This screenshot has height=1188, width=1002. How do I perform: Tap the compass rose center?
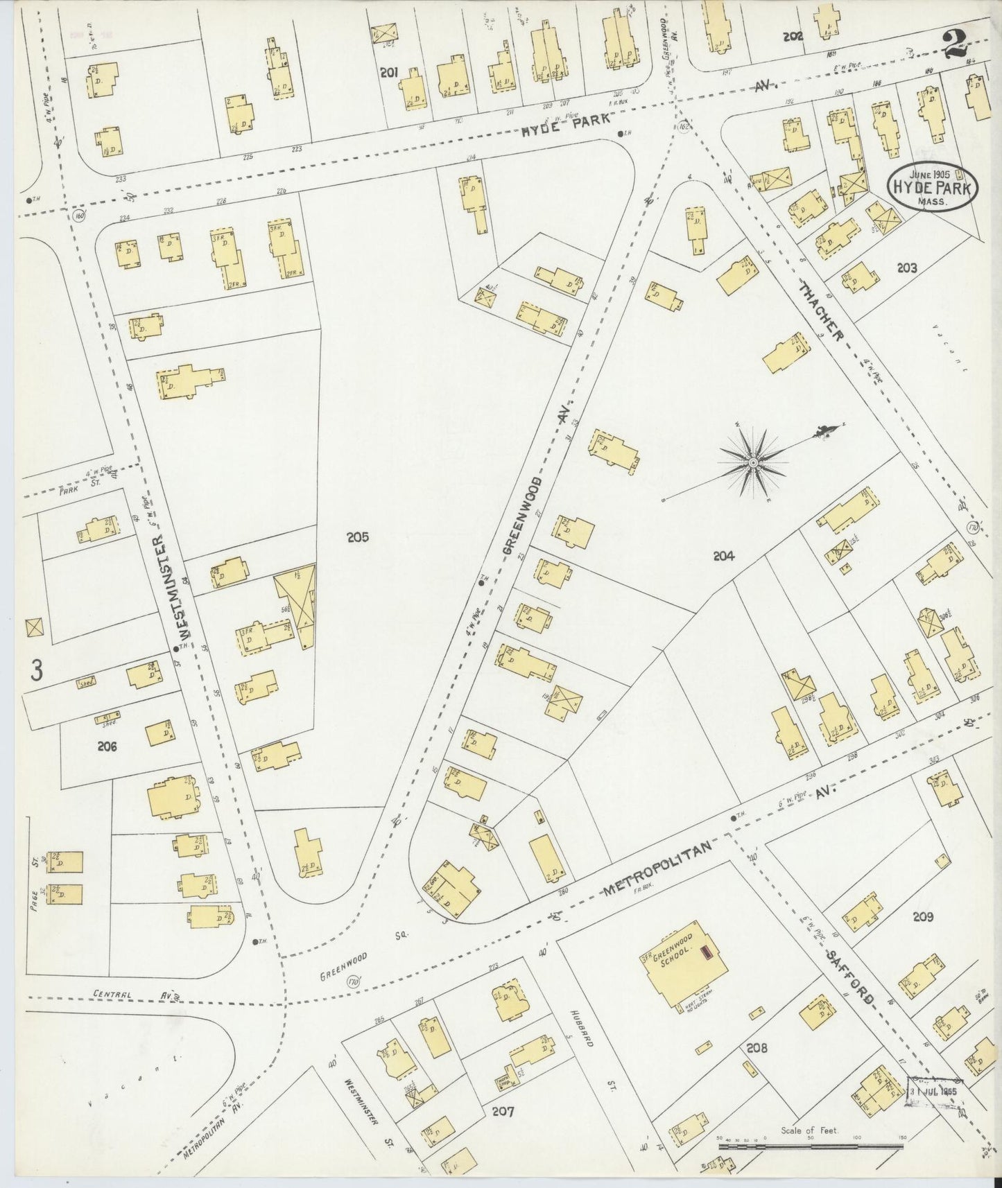coord(753,462)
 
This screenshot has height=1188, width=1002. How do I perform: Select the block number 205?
coord(358,536)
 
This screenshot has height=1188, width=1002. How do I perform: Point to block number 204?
coord(723,555)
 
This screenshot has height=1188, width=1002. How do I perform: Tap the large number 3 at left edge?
coord(37,670)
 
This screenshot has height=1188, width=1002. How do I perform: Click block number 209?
coord(923,916)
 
